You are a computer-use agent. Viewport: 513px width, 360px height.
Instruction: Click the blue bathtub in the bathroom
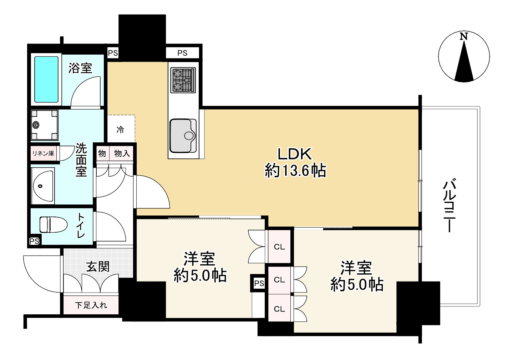coord(46,79)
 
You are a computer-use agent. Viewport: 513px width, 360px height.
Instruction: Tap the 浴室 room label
coord(80,68)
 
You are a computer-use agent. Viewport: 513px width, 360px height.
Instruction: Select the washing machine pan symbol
coord(44,125)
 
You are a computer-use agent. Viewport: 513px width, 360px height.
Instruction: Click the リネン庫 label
coord(43,153)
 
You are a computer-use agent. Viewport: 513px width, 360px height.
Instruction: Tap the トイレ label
coord(81,225)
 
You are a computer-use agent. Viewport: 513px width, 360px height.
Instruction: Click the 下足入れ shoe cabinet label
coord(91,305)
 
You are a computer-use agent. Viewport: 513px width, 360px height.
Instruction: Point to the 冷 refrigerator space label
coord(120,130)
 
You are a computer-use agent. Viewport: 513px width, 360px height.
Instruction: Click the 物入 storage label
coord(122,153)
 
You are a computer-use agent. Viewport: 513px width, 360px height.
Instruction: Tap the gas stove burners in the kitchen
coord(183,80)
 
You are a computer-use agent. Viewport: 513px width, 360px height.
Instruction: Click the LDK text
coord(295,154)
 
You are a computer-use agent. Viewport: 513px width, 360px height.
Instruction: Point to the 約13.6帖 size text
coord(295,171)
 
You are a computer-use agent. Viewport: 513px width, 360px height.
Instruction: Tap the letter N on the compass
coord(463,36)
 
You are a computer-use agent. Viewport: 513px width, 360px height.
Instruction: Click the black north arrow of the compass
coord(464,62)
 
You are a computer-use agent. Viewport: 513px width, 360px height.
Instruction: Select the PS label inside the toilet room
coord(34,241)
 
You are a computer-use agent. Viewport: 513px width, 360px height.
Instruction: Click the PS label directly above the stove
coord(182,53)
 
